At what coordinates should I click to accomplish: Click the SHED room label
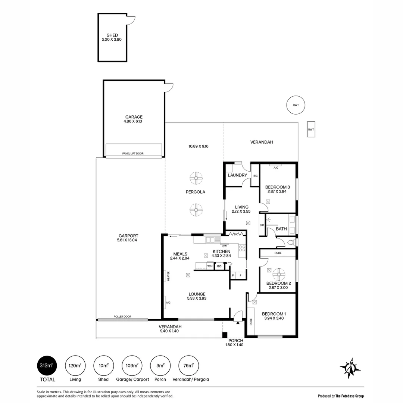tap(112, 35)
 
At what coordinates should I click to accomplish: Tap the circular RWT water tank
tap(296, 105)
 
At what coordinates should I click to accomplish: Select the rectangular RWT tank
tap(311, 129)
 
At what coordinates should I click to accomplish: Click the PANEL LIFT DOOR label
tap(133, 153)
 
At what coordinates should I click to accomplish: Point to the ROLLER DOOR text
tap(122, 317)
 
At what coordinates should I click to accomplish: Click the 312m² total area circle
tap(47, 365)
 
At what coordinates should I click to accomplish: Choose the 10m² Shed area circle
tap(103, 365)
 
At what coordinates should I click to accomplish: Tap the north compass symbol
tap(350, 368)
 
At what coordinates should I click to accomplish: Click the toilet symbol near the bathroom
tap(291, 243)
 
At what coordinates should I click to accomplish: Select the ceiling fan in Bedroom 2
tap(279, 275)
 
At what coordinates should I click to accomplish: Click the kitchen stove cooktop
tap(242, 248)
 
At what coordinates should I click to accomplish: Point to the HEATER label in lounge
tap(169, 276)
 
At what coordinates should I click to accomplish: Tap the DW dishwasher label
tap(224, 246)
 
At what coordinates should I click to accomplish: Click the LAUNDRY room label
tap(237, 175)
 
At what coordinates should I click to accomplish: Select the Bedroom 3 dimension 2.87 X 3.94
tap(277, 191)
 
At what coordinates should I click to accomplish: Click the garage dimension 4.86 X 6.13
tap(133, 121)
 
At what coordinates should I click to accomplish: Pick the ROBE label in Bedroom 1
tap(251, 322)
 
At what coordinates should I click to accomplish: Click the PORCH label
tap(236, 341)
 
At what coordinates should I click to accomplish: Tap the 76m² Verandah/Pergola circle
tap(189, 365)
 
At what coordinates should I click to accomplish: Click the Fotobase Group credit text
tap(341, 396)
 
